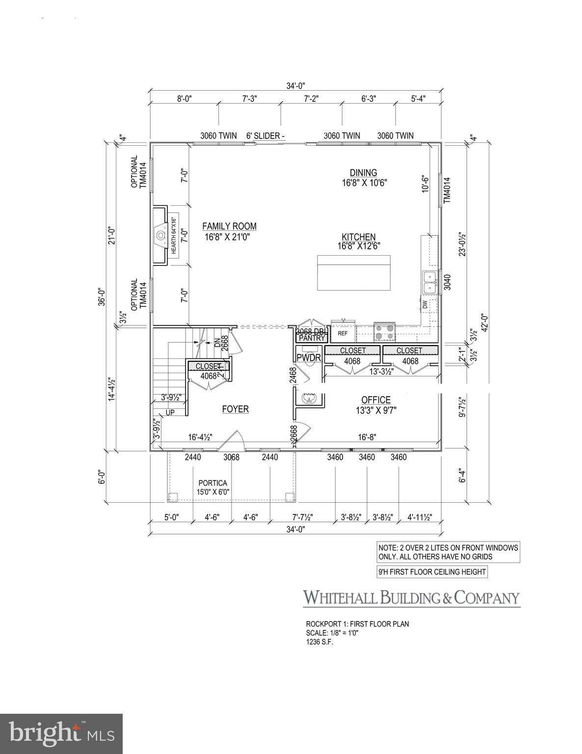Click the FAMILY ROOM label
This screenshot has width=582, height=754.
(229, 226)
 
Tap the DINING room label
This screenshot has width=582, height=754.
(363, 173)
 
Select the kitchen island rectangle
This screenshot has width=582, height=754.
(354, 273)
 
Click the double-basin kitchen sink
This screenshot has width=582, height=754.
(429, 283)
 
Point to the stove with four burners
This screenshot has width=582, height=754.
(385, 332)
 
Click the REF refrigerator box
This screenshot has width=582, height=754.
(343, 333)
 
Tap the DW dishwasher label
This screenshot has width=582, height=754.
(424, 305)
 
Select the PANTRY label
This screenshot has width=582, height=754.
(312, 338)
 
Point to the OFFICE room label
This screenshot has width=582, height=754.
(376, 400)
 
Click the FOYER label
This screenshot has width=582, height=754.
(235, 409)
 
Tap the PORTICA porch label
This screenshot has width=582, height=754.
(212, 483)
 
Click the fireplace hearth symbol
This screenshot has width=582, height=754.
(160, 236)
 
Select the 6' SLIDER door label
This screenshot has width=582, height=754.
(265, 136)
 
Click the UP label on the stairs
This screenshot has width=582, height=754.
(170, 413)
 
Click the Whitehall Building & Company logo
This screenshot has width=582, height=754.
(411, 598)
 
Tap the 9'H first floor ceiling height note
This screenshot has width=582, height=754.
(432, 572)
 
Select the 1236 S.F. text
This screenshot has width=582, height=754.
(319, 642)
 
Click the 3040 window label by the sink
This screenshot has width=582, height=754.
(447, 283)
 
